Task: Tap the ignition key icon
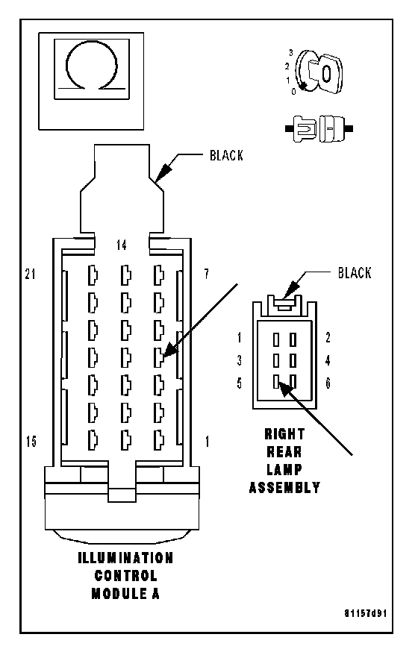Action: (x=319, y=72)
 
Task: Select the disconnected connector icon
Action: (x=319, y=128)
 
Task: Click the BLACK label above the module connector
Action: (x=226, y=155)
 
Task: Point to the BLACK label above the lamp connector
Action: (x=355, y=273)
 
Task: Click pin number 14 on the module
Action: (x=121, y=245)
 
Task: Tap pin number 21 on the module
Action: (x=30, y=274)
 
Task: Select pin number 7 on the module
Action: (x=207, y=273)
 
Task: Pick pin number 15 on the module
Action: (x=31, y=442)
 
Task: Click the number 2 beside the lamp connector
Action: (x=328, y=338)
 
